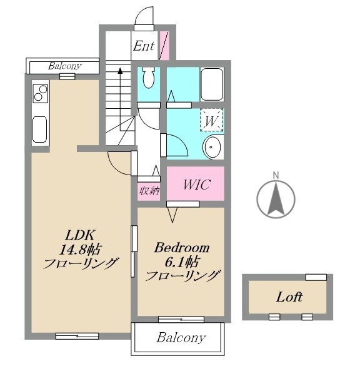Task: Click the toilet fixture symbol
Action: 149,77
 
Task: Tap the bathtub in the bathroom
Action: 212,84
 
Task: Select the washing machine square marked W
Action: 212,119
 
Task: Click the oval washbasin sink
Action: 212,147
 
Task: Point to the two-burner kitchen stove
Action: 41,93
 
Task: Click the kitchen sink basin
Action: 40,130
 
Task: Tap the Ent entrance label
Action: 144,46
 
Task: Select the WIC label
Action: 197,185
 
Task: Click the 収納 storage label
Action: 149,191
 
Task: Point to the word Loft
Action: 289,297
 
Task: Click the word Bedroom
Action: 182,247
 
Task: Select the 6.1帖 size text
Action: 182,262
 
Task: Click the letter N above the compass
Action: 276,175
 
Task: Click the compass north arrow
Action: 276,198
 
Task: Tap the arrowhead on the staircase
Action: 120,71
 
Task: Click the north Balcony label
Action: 64,66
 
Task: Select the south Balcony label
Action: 181,338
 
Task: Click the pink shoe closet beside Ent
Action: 164,46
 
